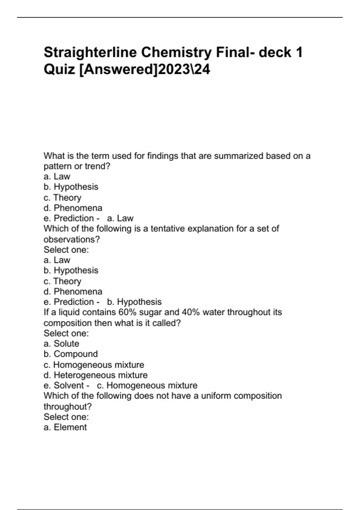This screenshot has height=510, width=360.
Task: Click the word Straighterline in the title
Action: tap(90, 52)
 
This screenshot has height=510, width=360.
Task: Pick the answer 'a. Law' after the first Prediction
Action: tap(120, 218)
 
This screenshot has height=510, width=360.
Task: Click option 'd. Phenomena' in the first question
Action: tap(73, 208)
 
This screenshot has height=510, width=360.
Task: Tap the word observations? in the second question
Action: tap(72, 239)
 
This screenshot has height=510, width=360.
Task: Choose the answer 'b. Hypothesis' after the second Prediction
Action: tap(134, 302)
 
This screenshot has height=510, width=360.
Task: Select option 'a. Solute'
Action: tap(61, 343)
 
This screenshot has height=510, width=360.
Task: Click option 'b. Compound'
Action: tap(71, 354)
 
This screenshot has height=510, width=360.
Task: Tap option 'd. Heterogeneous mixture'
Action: tap(96, 375)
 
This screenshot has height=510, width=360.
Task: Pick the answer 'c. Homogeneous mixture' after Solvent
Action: tap(147, 385)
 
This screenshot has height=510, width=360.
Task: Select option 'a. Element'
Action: tap(65, 427)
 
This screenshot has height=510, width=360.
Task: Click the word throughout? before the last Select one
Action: tap(68, 406)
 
